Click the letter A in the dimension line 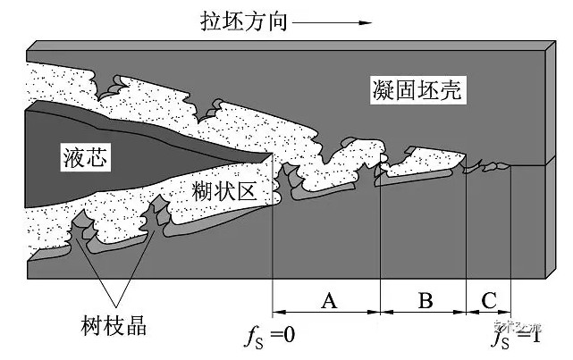pos(327,301)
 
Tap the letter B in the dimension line pos(426,301)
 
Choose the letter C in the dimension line pos(488,301)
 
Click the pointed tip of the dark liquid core pos(270,154)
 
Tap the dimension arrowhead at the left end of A pos(277,313)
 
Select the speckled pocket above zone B pos(420,161)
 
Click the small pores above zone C pos(490,165)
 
